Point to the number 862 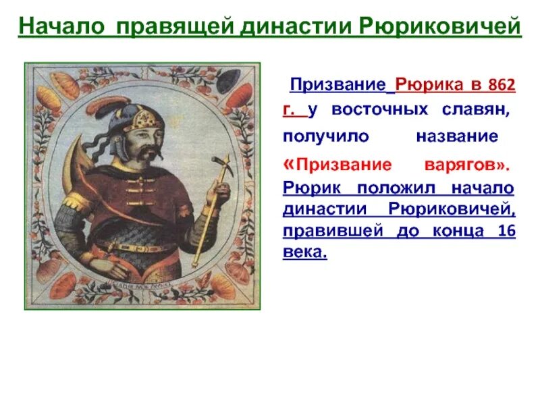[x=500, y=86]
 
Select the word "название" [x=456, y=136]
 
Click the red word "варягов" [x=464, y=165]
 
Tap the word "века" [x=304, y=252]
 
